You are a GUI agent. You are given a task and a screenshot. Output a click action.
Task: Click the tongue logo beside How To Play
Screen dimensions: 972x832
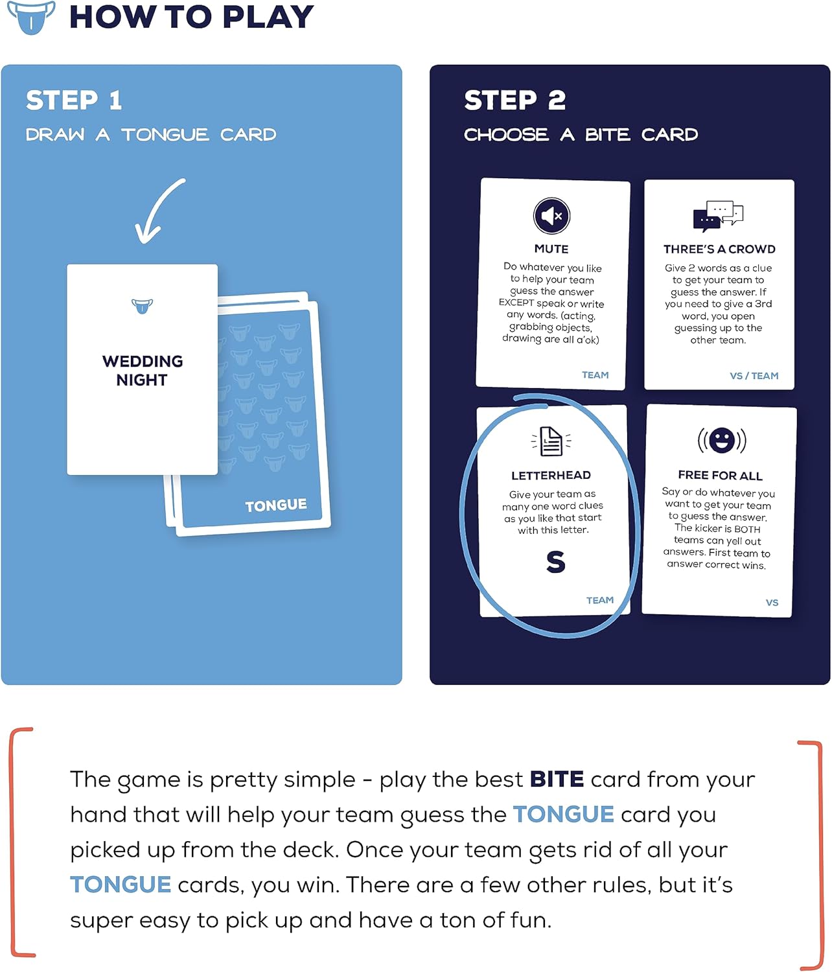click(x=30, y=17)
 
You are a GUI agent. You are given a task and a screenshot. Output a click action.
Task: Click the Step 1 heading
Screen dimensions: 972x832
click(x=74, y=100)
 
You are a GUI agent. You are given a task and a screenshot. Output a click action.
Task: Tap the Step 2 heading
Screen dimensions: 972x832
click(x=514, y=100)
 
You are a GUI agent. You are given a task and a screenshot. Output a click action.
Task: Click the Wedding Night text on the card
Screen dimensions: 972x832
click(x=142, y=371)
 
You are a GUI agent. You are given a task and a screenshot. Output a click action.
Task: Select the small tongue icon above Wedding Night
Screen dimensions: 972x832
click(x=142, y=305)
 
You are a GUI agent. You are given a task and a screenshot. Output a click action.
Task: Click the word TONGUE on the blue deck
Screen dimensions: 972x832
click(x=275, y=505)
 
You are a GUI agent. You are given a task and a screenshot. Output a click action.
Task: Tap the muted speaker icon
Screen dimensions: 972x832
click(x=551, y=216)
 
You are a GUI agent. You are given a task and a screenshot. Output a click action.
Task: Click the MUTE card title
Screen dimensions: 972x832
click(x=551, y=249)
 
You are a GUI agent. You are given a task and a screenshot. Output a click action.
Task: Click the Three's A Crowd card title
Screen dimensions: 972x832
click(x=719, y=249)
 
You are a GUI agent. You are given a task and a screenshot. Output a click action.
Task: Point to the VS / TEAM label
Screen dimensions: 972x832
click(x=754, y=376)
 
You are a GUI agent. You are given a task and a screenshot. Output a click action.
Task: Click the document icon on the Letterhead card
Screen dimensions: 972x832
click(x=551, y=441)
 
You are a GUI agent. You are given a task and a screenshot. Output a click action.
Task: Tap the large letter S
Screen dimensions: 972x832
click(x=555, y=562)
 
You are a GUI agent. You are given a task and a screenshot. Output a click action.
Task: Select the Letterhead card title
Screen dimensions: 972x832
click(x=551, y=475)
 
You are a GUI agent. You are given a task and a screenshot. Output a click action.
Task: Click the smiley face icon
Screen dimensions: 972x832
click(x=721, y=441)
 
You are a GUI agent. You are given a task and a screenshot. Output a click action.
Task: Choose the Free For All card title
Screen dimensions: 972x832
click(x=720, y=475)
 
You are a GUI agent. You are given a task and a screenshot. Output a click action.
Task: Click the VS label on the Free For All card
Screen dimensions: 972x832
click(x=772, y=603)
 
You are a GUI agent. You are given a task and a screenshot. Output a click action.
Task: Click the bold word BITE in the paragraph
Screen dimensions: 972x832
click(x=557, y=779)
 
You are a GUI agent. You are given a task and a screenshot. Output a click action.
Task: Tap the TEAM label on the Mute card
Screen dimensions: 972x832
click(x=595, y=375)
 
